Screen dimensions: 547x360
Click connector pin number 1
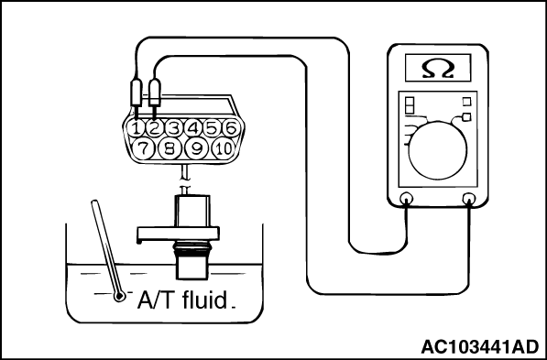click(136, 129)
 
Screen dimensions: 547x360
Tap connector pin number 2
click(155, 129)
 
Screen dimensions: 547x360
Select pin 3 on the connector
click(174, 129)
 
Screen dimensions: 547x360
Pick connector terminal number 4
click(193, 129)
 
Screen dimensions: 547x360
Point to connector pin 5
click(212, 129)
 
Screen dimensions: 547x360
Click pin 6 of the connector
click(231, 129)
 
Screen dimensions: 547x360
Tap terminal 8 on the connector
click(170, 149)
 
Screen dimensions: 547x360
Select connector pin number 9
click(197, 149)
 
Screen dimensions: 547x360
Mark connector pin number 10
click(224, 149)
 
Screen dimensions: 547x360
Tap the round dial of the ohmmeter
click(437, 151)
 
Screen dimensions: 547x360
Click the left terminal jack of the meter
click(406, 199)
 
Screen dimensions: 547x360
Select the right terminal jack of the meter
click(468, 199)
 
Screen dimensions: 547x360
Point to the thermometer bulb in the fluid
click(119, 296)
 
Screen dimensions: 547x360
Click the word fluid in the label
click(204, 300)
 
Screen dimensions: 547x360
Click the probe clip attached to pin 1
click(136, 93)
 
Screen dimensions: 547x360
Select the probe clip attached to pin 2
click(155, 93)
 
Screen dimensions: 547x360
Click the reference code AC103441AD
click(480, 347)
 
